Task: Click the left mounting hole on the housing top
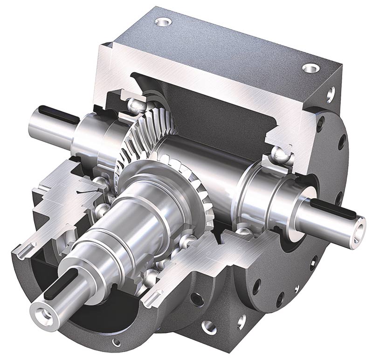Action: (x=163, y=21)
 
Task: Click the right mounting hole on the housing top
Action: (x=310, y=68)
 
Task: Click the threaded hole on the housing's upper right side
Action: (x=330, y=96)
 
